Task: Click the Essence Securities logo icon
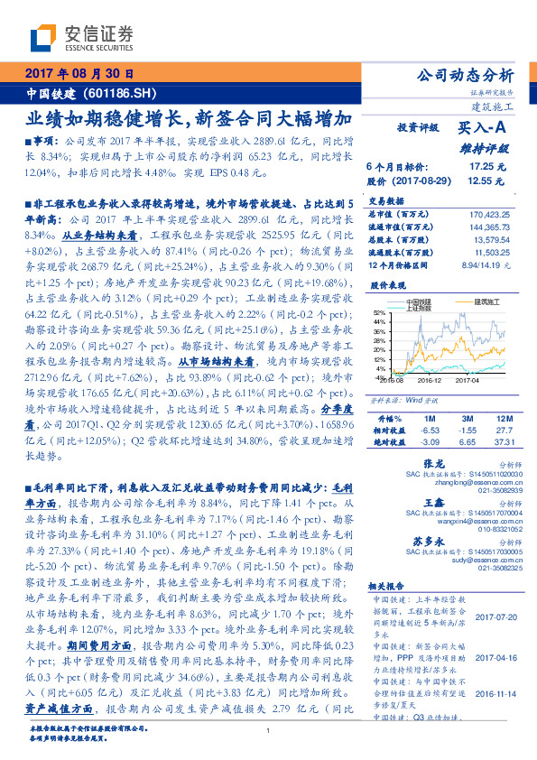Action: [43, 39]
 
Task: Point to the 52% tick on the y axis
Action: [376, 311]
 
